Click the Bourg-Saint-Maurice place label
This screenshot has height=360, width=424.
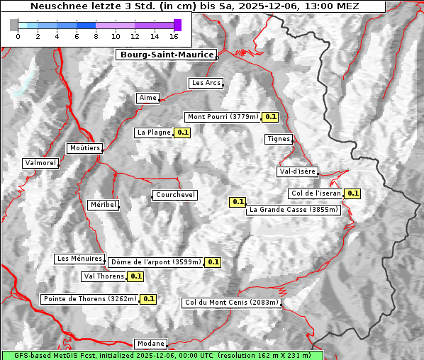[x=165, y=55]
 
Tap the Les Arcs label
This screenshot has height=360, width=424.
[x=206, y=83]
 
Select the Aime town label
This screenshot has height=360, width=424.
[x=147, y=98]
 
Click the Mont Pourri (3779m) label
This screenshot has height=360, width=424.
[x=222, y=117]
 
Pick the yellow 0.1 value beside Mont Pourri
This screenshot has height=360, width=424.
[x=270, y=117]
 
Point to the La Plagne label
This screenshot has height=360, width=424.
[x=153, y=133]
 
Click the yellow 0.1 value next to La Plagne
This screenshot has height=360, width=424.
[x=182, y=133]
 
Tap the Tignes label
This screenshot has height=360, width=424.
[x=279, y=139]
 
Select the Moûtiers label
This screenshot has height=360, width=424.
[x=84, y=148]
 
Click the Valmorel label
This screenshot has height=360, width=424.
[x=40, y=163]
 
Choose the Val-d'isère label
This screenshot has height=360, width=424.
[x=297, y=171]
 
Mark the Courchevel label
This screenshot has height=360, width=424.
[x=174, y=195]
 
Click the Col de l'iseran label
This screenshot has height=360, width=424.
[x=316, y=193]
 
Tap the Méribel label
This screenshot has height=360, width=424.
[x=103, y=205]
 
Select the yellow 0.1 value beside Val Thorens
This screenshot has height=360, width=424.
[x=136, y=276]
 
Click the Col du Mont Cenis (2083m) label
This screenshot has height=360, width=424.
[x=232, y=303]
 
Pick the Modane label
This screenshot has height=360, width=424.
[x=150, y=344]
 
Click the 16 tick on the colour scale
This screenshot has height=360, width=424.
[x=174, y=36]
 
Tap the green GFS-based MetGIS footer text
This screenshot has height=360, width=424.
[x=162, y=355]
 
